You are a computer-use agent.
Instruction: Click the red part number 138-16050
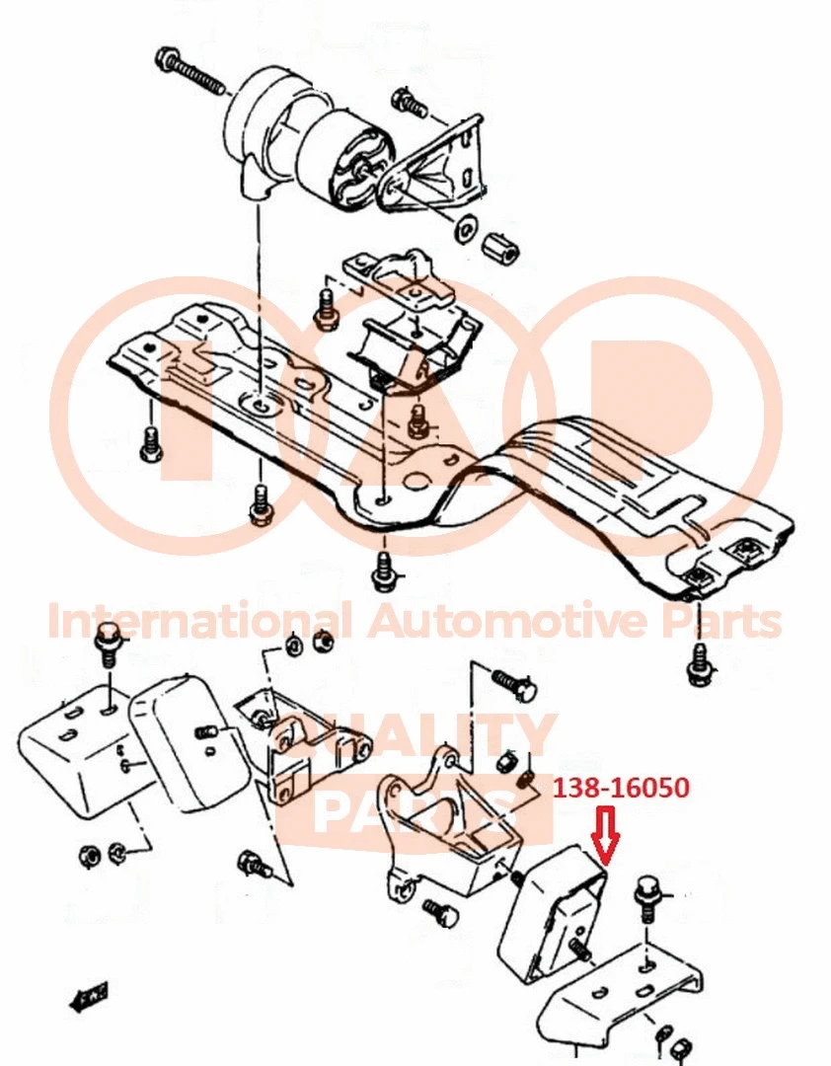[621, 789]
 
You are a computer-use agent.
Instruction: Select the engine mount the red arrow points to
[552, 913]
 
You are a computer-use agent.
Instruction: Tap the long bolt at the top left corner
[191, 72]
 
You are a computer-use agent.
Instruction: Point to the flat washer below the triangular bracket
[463, 229]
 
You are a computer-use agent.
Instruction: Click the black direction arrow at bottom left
[88, 997]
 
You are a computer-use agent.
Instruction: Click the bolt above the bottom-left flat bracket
[106, 647]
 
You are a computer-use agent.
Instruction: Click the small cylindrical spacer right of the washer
[504, 249]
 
